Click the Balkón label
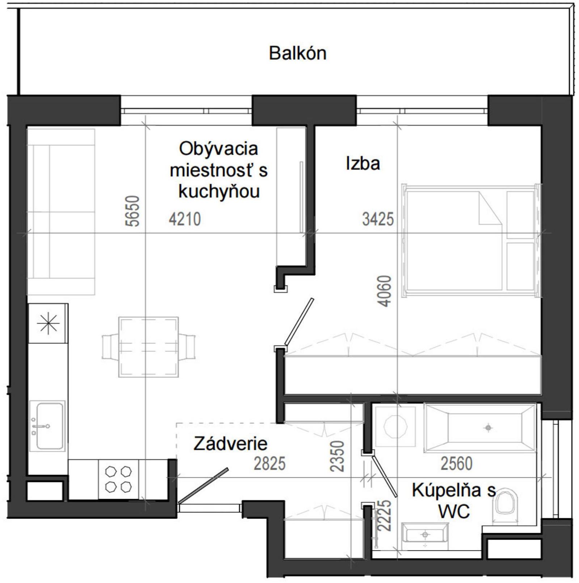tap(297, 53)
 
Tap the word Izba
tap(363, 163)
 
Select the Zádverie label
tap(230, 444)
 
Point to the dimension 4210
tap(185, 219)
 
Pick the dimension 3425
tap(377, 219)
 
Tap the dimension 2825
tap(269, 464)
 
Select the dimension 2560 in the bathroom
tap(456, 464)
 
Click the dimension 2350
tap(337, 456)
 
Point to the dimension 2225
tap(384, 515)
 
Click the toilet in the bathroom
tap(506, 505)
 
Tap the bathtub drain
tap(488, 428)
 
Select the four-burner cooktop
tap(118, 480)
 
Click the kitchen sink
tap(48, 426)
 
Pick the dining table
tap(148, 347)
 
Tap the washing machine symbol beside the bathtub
tap(396, 426)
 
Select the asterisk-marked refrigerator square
tap(48, 323)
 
